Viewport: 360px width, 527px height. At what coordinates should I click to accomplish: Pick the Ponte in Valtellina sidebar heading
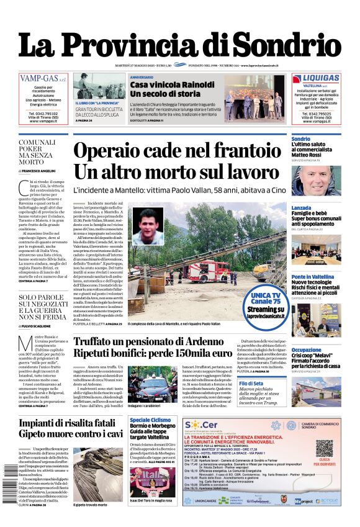click(x=316, y=277)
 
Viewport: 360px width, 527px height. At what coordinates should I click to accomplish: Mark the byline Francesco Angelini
click(x=37, y=170)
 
